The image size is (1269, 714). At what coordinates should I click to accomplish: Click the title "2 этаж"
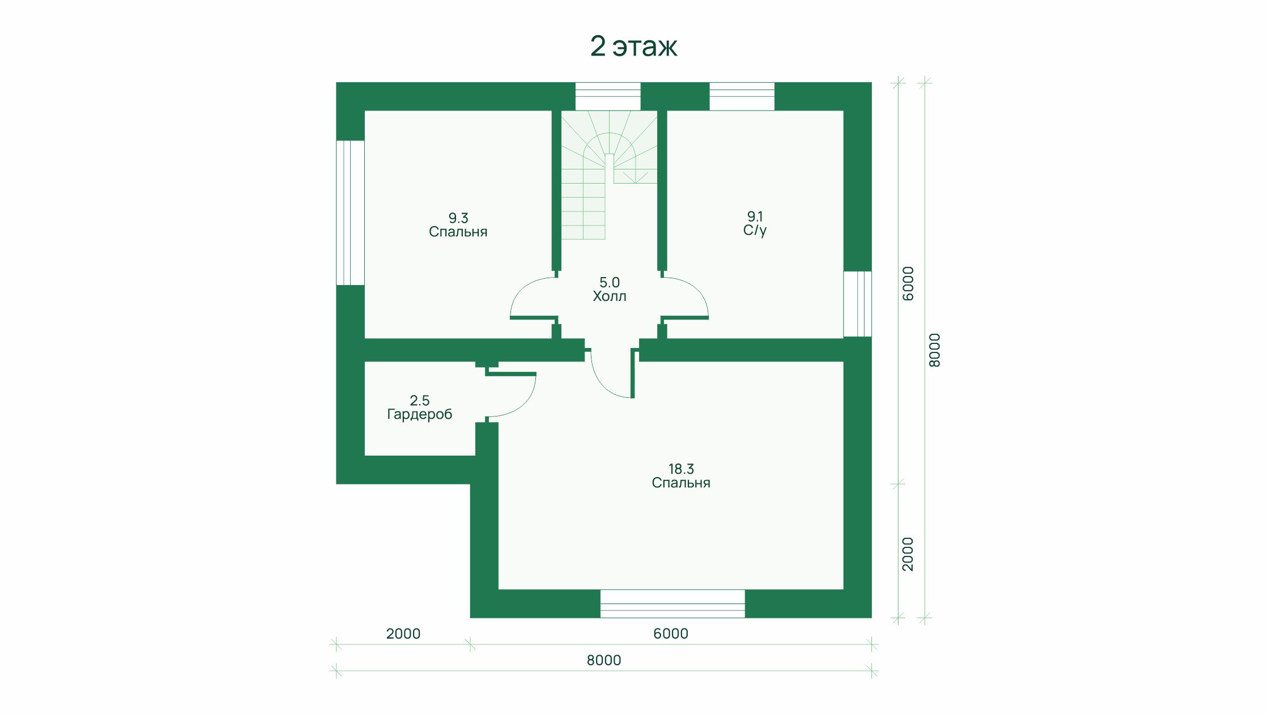point(633,46)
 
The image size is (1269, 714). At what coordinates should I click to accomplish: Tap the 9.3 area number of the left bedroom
point(458,218)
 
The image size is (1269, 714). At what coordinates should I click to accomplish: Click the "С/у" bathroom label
point(755,231)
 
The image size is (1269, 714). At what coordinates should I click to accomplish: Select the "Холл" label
point(610,296)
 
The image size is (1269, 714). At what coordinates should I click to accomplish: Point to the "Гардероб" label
point(420,415)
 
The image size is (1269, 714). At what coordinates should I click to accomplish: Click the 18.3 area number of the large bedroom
point(681,469)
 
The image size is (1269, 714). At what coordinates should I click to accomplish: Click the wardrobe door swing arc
point(524,405)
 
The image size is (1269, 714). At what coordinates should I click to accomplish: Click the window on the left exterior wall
point(350,212)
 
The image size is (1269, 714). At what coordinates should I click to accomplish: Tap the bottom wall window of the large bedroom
point(672,603)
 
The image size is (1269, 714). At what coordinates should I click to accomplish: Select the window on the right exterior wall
point(858,304)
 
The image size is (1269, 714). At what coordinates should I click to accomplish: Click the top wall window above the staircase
point(608,96)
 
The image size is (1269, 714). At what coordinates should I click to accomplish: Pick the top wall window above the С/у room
point(742,96)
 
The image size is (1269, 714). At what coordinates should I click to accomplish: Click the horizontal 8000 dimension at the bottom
point(604,660)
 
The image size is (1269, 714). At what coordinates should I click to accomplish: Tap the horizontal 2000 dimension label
point(403,634)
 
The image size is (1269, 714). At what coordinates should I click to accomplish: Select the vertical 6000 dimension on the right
point(908,283)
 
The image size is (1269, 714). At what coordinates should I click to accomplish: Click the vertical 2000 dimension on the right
point(908,554)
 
